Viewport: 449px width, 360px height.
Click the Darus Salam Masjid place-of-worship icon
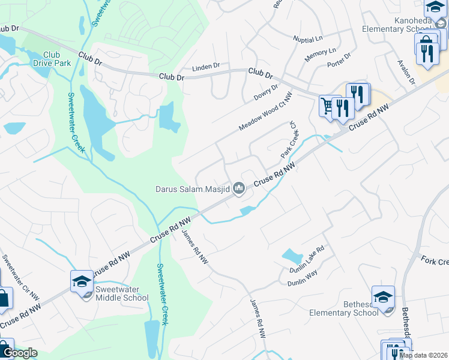point(240,189)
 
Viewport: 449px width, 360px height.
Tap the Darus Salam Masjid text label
point(192,189)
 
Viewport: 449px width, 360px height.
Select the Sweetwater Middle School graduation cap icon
point(82,281)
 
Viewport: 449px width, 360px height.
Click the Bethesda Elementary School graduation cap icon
point(383,296)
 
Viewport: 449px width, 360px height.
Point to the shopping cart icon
point(327,106)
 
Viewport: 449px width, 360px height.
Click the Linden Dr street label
point(207,68)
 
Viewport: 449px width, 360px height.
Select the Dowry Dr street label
point(267,92)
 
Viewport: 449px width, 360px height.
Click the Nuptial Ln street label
point(308,40)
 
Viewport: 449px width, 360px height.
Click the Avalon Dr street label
point(406,71)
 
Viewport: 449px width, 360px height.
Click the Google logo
point(20,353)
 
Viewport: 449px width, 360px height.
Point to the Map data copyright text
point(423,355)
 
